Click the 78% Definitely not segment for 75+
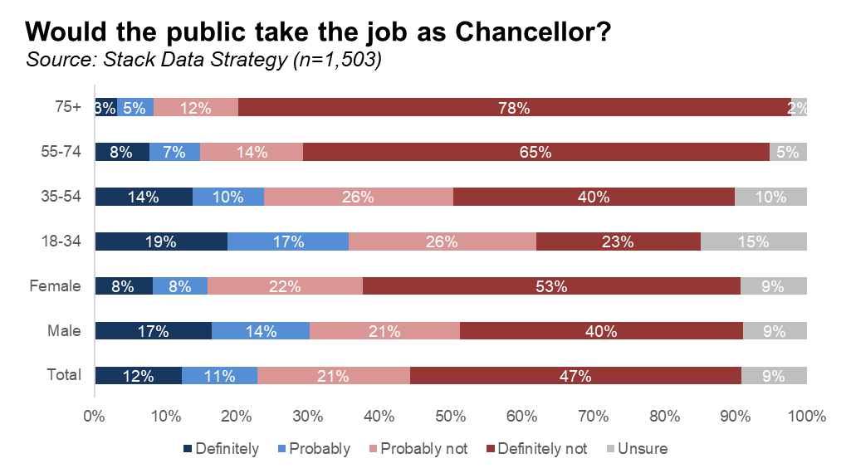[515, 107]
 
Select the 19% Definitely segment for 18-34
[160, 241]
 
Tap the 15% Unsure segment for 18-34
[754, 241]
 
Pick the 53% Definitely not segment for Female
[551, 286]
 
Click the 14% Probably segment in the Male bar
[261, 331]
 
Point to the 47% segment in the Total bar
[575, 376]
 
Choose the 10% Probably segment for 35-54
[228, 197]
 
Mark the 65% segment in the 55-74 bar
[536, 152]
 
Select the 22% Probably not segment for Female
[285, 286]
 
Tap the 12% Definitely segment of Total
[138, 376]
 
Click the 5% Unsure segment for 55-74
[788, 152]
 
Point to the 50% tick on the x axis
[450, 415]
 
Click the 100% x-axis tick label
[806, 415]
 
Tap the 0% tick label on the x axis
[94, 415]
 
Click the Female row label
[55, 286]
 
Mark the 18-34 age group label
[61, 241]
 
